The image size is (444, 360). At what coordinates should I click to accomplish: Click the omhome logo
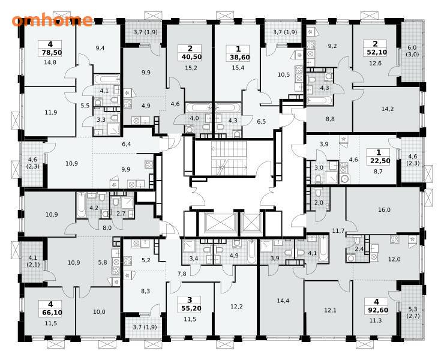(52, 20)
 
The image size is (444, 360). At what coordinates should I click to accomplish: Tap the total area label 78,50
(52, 53)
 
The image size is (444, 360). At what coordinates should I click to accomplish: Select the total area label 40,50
(192, 57)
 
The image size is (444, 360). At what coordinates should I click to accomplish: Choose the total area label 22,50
(380, 161)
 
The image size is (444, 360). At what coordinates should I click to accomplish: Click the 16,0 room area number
(384, 210)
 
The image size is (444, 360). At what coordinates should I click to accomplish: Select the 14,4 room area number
(283, 301)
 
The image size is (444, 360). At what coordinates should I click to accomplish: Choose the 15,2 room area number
(191, 68)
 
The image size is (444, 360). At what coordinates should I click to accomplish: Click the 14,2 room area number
(388, 109)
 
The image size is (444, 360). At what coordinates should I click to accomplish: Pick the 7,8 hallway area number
(182, 274)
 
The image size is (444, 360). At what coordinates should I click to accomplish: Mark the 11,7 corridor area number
(338, 231)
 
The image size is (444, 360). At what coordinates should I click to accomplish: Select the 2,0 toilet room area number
(319, 203)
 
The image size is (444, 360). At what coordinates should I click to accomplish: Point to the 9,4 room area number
(100, 48)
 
